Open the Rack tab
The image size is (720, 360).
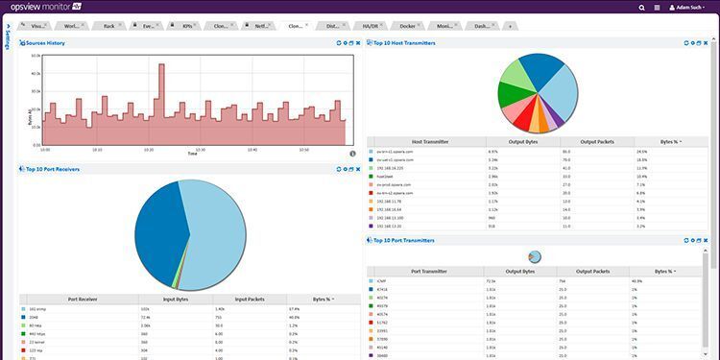[x=110, y=26]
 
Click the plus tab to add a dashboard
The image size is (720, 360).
[x=509, y=26]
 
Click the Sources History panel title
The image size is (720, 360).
[x=44, y=43]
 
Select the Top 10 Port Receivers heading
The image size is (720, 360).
[x=52, y=168]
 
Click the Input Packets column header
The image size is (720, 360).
[x=250, y=299]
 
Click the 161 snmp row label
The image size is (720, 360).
[x=41, y=309]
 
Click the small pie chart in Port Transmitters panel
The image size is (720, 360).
[x=535, y=256]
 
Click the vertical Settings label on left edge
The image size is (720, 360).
[x=8, y=43]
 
